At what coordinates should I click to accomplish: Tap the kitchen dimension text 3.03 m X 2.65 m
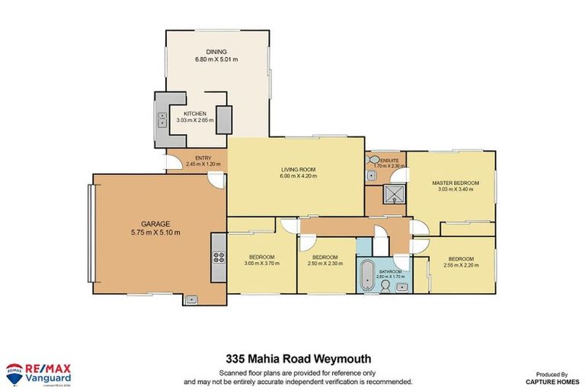point(191,120)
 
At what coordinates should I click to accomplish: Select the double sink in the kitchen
point(162,120)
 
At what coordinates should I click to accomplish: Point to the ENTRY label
point(193,158)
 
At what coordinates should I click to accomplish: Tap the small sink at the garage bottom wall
point(189,299)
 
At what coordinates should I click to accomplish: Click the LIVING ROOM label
point(297,169)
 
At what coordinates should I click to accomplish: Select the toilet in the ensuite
point(372,161)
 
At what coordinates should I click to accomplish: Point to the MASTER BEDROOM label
point(455,183)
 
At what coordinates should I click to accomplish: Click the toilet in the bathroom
point(387,286)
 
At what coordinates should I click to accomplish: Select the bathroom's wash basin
point(401,285)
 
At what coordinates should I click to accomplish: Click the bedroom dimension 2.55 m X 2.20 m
point(462,264)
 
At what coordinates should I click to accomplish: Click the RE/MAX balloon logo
point(13,373)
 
